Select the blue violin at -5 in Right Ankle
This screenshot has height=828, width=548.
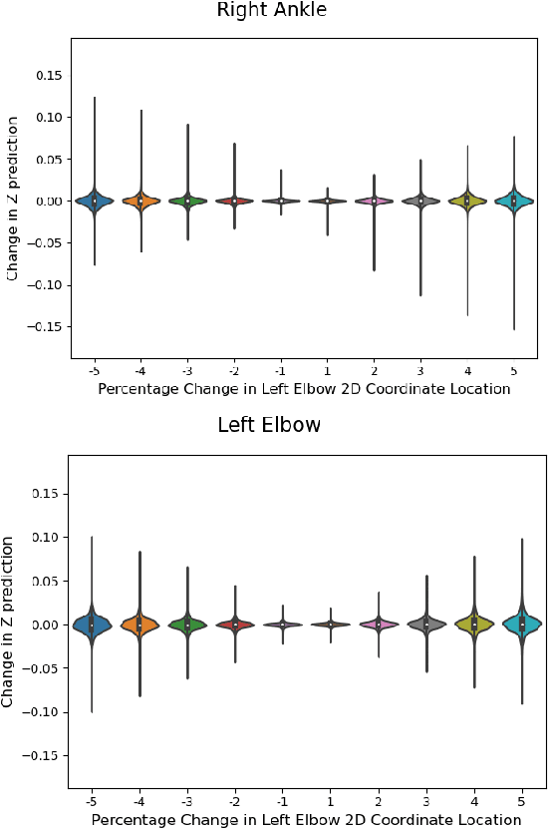pyautogui.click(x=95, y=201)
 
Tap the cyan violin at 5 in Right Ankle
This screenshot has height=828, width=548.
pyautogui.click(x=514, y=201)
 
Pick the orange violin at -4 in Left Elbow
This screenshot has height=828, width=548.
pyautogui.click(x=139, y=625)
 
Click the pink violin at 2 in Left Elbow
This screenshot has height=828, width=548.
pyautogui.click(x=378, y=624)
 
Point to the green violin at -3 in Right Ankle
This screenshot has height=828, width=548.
pyautogui.click(x=187, y=201)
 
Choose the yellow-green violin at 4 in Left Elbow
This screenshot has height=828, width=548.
pyautogui.click(x=474, y=624)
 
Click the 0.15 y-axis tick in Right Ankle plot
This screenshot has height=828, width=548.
pyautogui.click(x=48, y=76)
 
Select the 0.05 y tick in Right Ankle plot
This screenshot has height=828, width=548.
pyautogui.click(x=48, y=160)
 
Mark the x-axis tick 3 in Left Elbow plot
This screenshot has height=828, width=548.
pyautogui.click(x=425, y=801)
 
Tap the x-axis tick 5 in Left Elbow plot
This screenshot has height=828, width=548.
pyautogui.click(x=522, y=801)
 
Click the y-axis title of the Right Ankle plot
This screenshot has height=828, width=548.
pyautogui.click(x=12, y=198)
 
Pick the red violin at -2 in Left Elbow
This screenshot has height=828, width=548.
pyautogui.click(x=235, y=624)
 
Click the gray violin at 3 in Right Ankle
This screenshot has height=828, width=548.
pyautogui.click(x=420, y=201)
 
